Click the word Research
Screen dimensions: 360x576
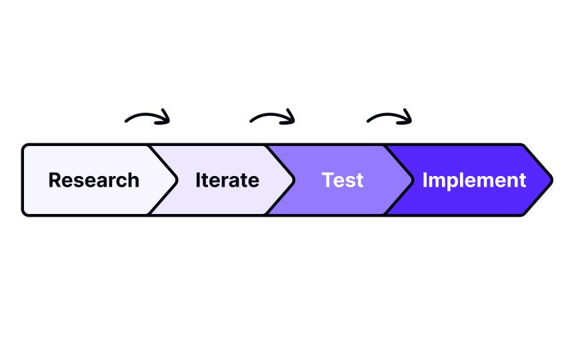coord(94,180)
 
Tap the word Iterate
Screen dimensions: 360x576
coord(227,180)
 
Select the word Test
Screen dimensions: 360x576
coord(342,180)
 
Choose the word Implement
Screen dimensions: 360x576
coord(474,180)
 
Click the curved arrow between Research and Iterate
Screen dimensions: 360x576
coord(148,117)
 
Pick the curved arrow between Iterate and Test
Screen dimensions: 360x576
coord(272,117)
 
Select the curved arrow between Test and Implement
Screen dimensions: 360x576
coord(389,117)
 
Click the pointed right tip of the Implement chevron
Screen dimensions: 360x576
coord(552,180)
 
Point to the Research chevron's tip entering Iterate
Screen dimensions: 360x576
coord(177,180)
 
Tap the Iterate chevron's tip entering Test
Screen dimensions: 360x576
coord(294,180)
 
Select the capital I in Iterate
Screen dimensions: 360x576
coord(198,180)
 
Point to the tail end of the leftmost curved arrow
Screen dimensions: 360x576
coord(127,121)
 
